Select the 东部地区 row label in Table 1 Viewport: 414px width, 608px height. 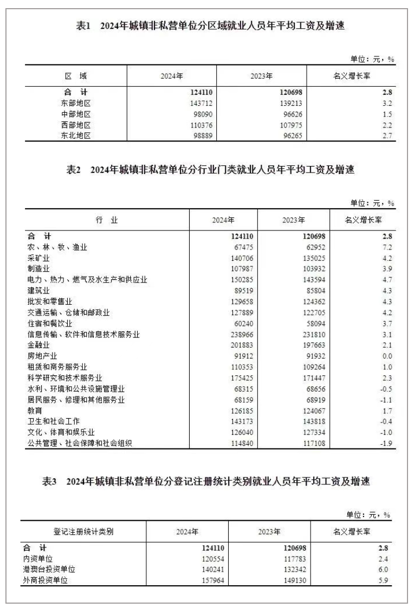[x=76, y=103]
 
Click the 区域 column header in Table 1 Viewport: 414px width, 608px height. [x=76, y=76]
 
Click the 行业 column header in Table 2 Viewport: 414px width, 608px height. [x=106, y=220]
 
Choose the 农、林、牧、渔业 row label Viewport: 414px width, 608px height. [x=57, y=247]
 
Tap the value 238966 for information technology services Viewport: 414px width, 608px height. [x=242, y=335]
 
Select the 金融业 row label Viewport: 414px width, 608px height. [x=38, y=345]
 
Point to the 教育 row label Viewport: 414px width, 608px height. [x=35, y=411]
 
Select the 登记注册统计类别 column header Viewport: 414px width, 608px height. [x=83, y=532]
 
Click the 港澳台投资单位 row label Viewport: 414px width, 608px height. [x=49, y=569]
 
